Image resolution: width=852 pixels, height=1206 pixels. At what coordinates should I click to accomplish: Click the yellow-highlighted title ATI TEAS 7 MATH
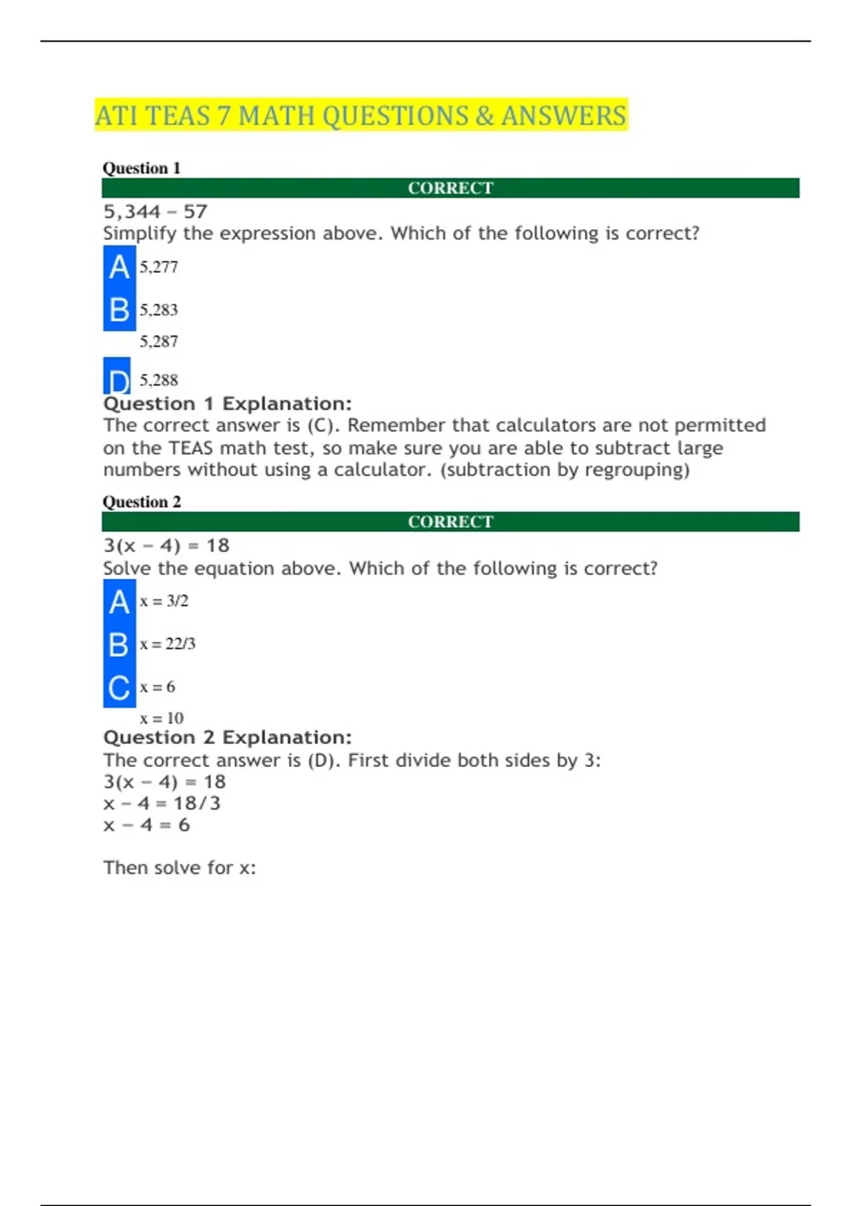361,116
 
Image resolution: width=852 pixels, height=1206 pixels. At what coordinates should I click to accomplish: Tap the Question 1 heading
141,168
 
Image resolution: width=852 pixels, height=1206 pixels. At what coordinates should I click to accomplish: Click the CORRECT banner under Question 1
450,188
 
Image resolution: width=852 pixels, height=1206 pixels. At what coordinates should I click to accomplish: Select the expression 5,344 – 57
155,211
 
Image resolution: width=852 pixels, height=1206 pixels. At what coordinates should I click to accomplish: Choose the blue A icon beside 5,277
119,267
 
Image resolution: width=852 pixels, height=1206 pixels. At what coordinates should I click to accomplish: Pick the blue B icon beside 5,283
119,310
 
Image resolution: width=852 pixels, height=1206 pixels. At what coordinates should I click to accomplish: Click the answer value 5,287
158,342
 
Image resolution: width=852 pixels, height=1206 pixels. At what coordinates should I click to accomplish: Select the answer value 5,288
158,380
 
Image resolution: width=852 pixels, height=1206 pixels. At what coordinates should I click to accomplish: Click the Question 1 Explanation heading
227,404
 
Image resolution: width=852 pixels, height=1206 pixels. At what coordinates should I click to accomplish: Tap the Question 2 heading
141,502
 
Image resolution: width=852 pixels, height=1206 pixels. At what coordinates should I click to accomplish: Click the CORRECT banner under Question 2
450,521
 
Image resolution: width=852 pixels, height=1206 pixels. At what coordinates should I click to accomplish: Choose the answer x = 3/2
164,602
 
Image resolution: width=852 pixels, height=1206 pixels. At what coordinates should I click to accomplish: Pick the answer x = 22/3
168,644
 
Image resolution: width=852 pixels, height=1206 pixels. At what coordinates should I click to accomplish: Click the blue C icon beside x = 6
119,687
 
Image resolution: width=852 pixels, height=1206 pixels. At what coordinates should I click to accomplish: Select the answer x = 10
162,718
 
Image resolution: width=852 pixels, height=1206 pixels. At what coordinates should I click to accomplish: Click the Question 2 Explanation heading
227,738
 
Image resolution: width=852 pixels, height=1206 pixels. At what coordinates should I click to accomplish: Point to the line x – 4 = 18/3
162,803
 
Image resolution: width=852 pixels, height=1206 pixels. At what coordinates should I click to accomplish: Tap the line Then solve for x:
180,868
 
